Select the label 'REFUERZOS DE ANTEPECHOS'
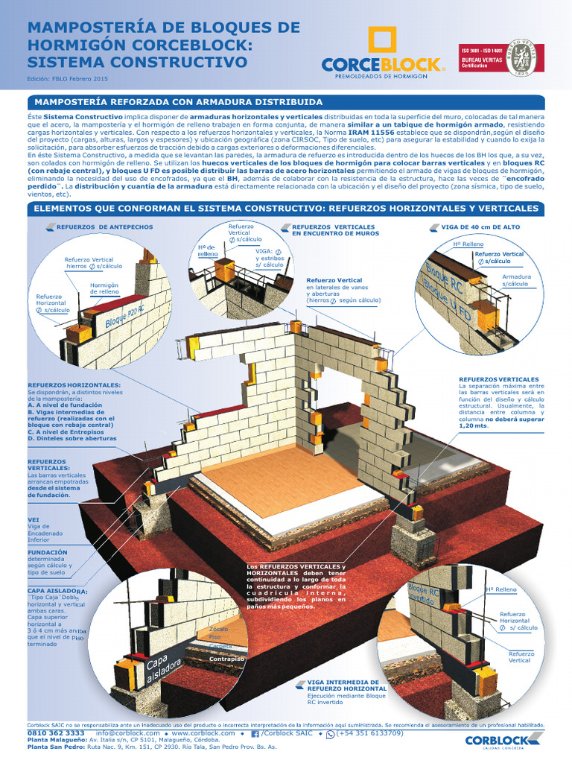(x=104, y=227)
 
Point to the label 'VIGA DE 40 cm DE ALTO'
(x=480, y=227)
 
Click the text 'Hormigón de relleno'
(x=104, y=288)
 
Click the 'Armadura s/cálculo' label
(x=516, y=280)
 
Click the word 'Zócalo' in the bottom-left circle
(x=219, y=629)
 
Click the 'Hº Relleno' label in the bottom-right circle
(x=500, y=589)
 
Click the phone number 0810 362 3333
(x=55, y=733)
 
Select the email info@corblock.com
(x=127, y=733)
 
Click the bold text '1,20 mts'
(x=473, y=426)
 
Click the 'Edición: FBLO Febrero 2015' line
(x=68, y=77)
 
